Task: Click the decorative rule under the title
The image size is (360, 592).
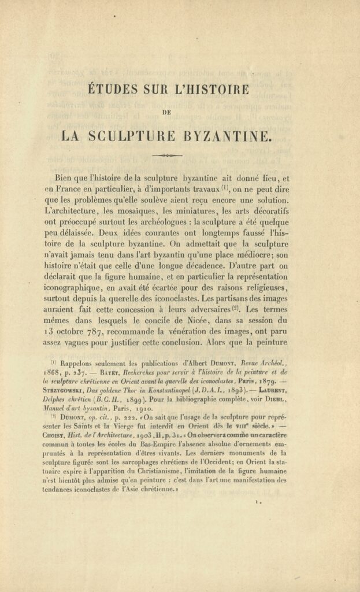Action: pyautogui.click(x=166, y=156)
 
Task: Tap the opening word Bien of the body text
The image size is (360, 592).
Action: pyautogui.click(x=66, y=177)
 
